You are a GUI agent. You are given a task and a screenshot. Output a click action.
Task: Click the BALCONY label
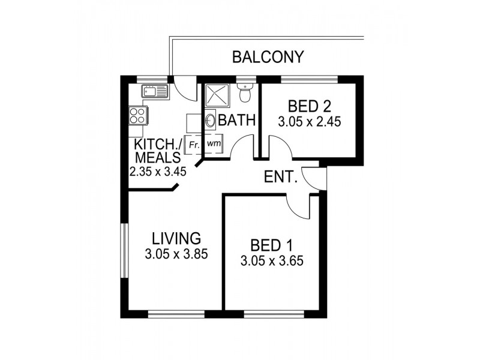tap(268, 58)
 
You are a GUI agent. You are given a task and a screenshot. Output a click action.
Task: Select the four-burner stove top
tap(137, 114)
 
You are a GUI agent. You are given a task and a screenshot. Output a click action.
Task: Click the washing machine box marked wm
tap(212, 145)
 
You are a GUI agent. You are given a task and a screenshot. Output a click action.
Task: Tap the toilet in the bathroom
tap(244, 94)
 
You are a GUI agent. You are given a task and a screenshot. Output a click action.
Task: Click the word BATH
tap(238, 121)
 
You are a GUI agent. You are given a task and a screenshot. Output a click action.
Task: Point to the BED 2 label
tap(309, 107)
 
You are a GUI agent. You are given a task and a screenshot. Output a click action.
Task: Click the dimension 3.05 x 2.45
tap(309, 121)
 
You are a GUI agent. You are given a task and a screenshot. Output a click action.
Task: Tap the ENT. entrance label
tap(281, 177)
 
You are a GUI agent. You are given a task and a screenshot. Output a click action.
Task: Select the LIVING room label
tap(176, 237)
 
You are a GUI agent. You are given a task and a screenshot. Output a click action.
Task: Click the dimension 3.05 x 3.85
tap(176, 254)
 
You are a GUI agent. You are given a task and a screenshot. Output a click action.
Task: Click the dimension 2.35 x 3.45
tap(158, 171)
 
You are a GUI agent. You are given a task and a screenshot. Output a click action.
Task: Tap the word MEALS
tap(158, 158)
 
